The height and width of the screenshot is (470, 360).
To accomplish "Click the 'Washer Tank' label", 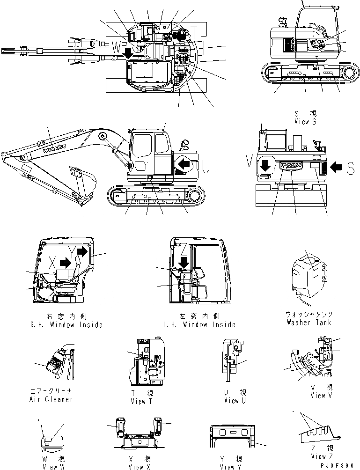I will pyautogui.click(x=309, y=323).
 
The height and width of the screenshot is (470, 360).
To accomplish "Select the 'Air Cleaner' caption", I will pyautogui.click(x=51, y=399).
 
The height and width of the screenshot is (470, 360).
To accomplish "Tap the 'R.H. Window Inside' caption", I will pyautogui.click(x=65, y=324).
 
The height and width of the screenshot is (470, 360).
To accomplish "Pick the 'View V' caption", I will pyautogui.click(x=321, y=395).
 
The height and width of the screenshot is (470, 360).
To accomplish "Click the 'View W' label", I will pyautogui.click(x=50, y=467).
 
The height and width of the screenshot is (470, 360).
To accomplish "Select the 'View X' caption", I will pyautogui.click(x=140, y=467).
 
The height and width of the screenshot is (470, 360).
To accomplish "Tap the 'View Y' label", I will pyautogui.click(x=230, y=467).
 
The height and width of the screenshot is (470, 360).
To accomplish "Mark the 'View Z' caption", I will pyautogui.click(x=321, y=456).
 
